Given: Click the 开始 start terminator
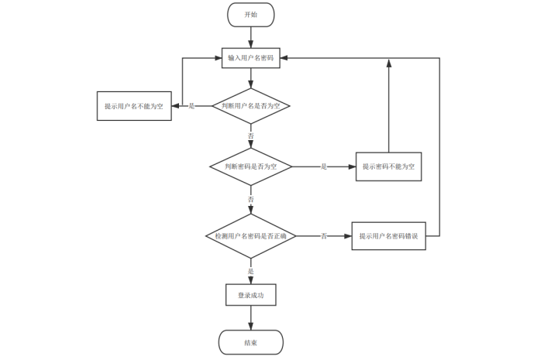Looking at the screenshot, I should (x=250, y=15).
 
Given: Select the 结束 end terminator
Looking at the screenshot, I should (x=250, y=342).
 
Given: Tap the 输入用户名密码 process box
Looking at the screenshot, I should (x=250, y=58).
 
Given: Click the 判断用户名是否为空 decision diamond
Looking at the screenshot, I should (x=250, y=105).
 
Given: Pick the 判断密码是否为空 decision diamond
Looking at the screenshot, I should (x=250, y=166).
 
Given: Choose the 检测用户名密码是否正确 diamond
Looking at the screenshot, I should (x=250, y=235).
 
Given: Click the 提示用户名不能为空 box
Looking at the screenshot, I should (x=134, y=105).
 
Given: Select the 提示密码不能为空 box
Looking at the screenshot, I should (x=388, y=166).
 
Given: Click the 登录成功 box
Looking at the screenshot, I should (x=250, y=295).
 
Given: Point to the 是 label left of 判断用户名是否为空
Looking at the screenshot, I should (x=191, y=105).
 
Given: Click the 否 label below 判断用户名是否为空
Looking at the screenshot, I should (x=250, y=135).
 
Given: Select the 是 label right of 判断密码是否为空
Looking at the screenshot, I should (x=324, y=166).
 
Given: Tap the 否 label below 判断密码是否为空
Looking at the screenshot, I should (x=250, y=199).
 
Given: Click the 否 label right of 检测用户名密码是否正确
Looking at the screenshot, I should (x=324, y=235).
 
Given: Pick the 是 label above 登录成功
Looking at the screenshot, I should (x=250, y=271).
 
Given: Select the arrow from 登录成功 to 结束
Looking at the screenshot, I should (x=250, y=317).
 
